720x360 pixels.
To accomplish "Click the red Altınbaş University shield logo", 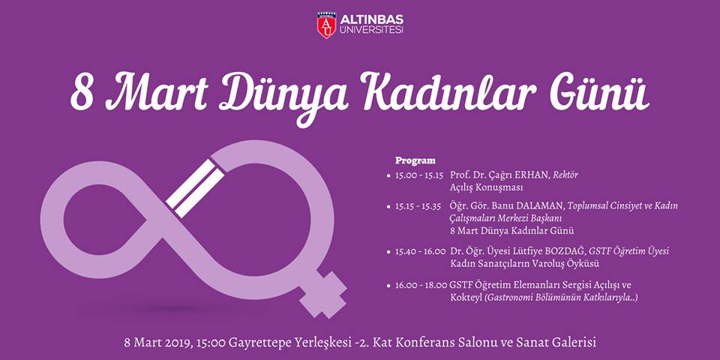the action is pos(326,25).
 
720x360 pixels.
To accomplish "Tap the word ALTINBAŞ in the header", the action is pos(372,19).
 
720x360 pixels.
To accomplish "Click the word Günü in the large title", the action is pos(600,92).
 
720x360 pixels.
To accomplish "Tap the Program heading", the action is pos(415,160).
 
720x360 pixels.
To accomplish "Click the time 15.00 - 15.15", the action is pos(419,175).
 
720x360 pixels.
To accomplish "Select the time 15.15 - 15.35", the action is pos(418,206).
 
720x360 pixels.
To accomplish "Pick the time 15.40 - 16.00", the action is pos(420,252).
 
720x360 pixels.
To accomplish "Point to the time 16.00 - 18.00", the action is pos(421,285).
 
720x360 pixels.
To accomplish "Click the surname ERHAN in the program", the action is pos(532,175).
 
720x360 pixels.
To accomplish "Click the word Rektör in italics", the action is pos(565,175).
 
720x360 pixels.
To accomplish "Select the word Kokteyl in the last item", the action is pos(466,298).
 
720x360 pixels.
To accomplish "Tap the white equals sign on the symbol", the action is pos(195,189).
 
